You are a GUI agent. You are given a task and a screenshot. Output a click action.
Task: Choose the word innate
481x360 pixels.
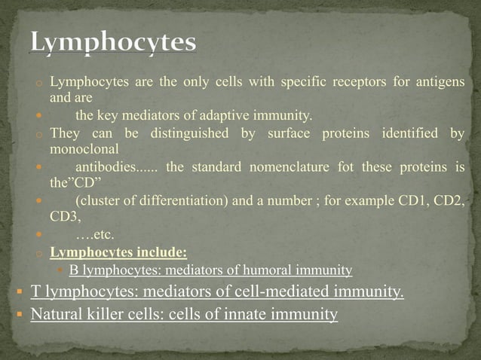coord(267,314)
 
